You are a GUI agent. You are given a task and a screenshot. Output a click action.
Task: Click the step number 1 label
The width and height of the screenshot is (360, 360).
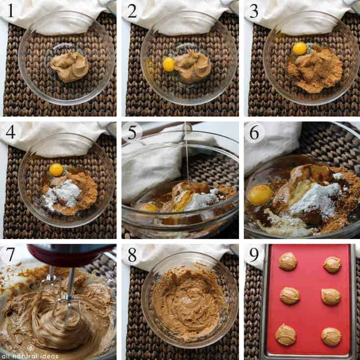coord(10,11)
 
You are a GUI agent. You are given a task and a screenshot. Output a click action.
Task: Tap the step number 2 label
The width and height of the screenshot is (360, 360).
coord(132,11)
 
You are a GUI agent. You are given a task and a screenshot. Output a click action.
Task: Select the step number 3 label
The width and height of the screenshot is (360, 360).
coord(254,11)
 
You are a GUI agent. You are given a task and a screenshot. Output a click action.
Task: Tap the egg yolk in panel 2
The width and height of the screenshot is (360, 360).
coord(168,64)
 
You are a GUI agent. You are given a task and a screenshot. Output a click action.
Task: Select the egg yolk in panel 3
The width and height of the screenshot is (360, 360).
coord(299,48)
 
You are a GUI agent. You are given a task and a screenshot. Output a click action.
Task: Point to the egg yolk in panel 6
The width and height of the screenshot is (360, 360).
coord(260,194)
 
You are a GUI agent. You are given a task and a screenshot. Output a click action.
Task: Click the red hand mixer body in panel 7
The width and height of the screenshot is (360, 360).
coord(69,255)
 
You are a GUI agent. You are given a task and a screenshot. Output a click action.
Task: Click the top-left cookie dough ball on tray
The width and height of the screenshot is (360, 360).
coord(288,262)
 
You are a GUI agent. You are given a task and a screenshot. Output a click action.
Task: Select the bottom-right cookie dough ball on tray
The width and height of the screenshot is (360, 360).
coord(331,336)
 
